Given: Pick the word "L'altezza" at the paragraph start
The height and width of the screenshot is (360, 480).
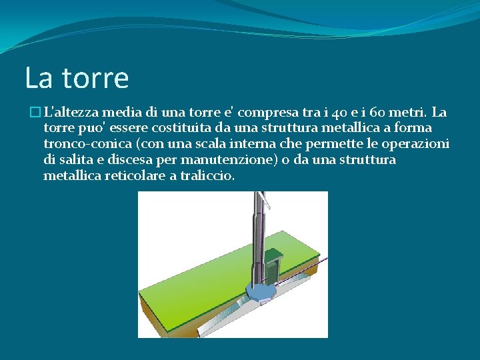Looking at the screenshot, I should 71,111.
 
